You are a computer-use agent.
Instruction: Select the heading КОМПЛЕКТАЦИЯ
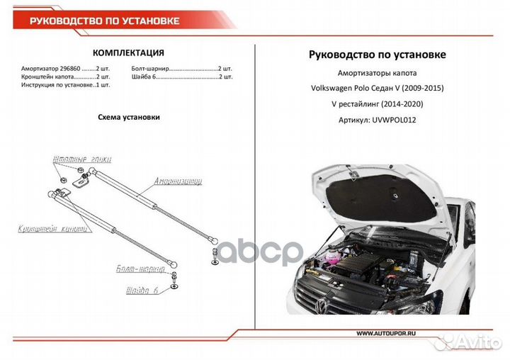[129, 52]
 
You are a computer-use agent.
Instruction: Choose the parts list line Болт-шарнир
[181, 69]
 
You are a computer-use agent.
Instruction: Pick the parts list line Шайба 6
[181, 77]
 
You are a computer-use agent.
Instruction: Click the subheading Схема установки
[128, 117]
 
